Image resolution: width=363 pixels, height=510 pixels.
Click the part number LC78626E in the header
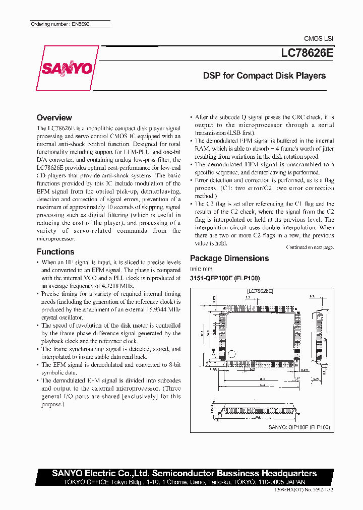pyautogui.click(x=304, y=52)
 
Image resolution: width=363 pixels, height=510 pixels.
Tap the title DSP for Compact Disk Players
pyautogui.click(x=264, y=76)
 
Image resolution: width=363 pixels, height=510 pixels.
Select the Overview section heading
pyautogui.click(x=54, y=117)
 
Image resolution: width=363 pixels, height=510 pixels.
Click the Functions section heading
pyautogui.click(x=55, y=251)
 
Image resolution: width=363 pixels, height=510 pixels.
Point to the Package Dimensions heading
pyautogui.click(x=229, y=258)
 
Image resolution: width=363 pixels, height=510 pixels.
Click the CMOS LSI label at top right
pyautogui.click(x=318, y=39)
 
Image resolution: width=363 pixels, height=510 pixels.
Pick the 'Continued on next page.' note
pyautogui.click(x=310, y=247)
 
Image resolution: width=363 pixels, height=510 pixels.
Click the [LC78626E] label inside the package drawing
pyautogui.click(x=260, y=291)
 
